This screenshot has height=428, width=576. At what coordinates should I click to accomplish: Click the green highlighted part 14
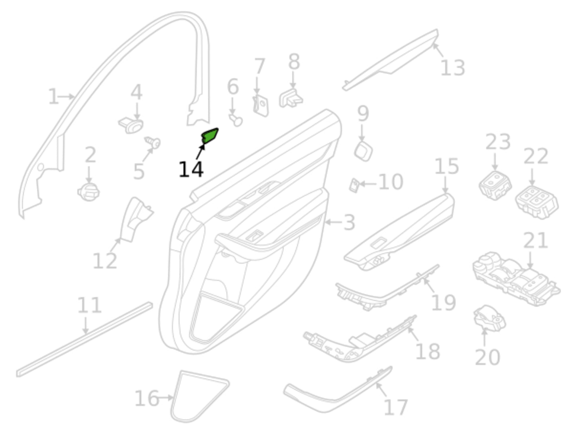click(210, 136)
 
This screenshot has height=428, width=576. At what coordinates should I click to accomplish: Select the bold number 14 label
click(191, 170)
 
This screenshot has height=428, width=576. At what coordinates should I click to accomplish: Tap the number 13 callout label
click(452, 68)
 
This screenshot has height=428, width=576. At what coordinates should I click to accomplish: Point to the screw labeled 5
click(153, 142)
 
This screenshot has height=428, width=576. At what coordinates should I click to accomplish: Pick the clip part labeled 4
click(131, 126)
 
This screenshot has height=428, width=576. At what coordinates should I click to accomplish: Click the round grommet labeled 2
click(88, 192)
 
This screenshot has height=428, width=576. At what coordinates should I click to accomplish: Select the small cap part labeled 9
click(364, 151)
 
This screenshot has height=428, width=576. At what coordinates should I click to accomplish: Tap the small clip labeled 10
click(354, 185)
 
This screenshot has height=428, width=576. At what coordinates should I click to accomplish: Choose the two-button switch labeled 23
click(495, 185)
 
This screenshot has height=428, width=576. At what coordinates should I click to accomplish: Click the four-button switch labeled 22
click(537, 202)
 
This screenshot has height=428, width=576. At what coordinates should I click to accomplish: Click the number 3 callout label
click(349, 222)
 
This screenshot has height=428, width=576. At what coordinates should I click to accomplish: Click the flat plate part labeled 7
click(261, 105)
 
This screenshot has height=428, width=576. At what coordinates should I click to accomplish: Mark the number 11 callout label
click(89, 305)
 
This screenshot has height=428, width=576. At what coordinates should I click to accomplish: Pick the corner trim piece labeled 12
click(136, 219)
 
